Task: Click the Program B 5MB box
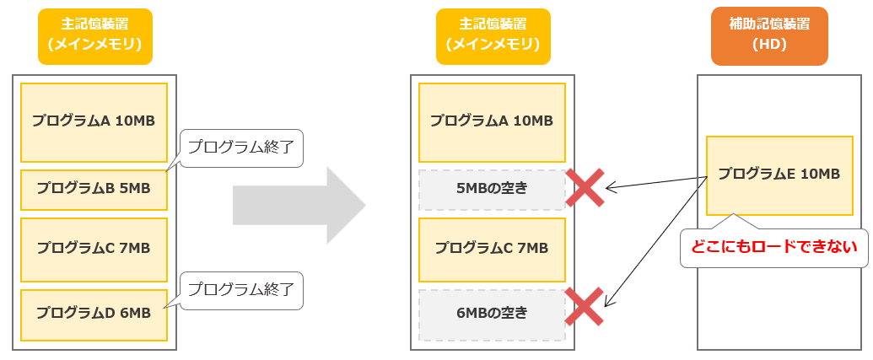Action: click(94, 189)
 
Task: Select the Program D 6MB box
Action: click(94, 314)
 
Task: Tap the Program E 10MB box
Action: click(779, 175)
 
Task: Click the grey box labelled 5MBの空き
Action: click(492, 189)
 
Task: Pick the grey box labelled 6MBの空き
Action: click(492, 314)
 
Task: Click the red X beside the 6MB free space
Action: click(584, 307)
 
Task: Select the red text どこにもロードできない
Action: click(773, 247)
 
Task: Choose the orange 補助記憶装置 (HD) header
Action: click(769, 36)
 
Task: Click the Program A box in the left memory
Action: click(94, 121)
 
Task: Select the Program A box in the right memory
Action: click(492, 121)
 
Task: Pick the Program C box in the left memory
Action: click(94, 249)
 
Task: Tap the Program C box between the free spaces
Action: click(492, 249)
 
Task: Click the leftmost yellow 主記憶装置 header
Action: click(95, 36)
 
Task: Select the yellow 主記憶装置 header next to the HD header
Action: click(493, 36)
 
